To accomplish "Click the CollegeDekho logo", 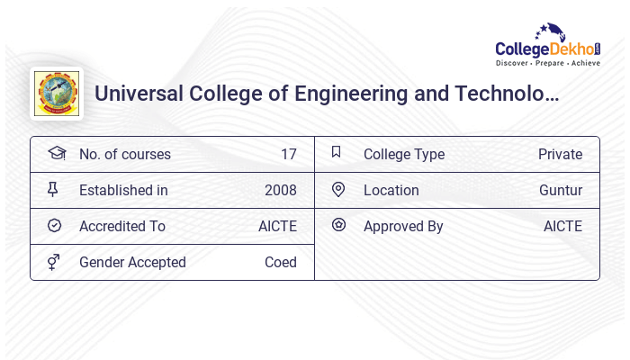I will pos(549,45).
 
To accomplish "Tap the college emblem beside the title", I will pos(57,93).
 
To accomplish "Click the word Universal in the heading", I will pos(137,93).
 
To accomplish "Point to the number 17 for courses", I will pos(288,154).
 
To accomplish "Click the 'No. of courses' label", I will pos(124,154).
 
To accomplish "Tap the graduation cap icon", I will pos(56,153).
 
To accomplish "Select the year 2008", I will pos(280,190).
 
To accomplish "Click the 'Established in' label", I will pos(123,190).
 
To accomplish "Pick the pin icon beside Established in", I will pos(53,189).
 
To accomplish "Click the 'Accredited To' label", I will pos(122,226).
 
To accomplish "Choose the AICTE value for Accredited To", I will pos(277,226).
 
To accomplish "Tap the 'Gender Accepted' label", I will pos(132,262).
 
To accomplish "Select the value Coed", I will pos(280,262).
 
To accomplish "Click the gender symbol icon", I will pos(54,262).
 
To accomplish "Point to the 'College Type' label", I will pos(404,154).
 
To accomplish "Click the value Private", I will pos(560,154).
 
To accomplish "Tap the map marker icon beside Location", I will pos(338,189).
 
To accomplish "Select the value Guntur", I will pos(561,190).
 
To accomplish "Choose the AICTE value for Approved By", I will pos(562,226).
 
